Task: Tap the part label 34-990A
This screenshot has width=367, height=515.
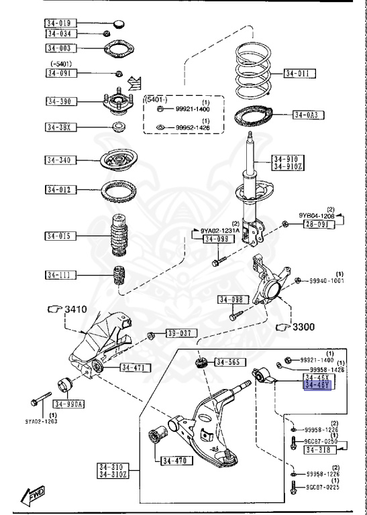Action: pyautogui.click(x=72, y=404)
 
